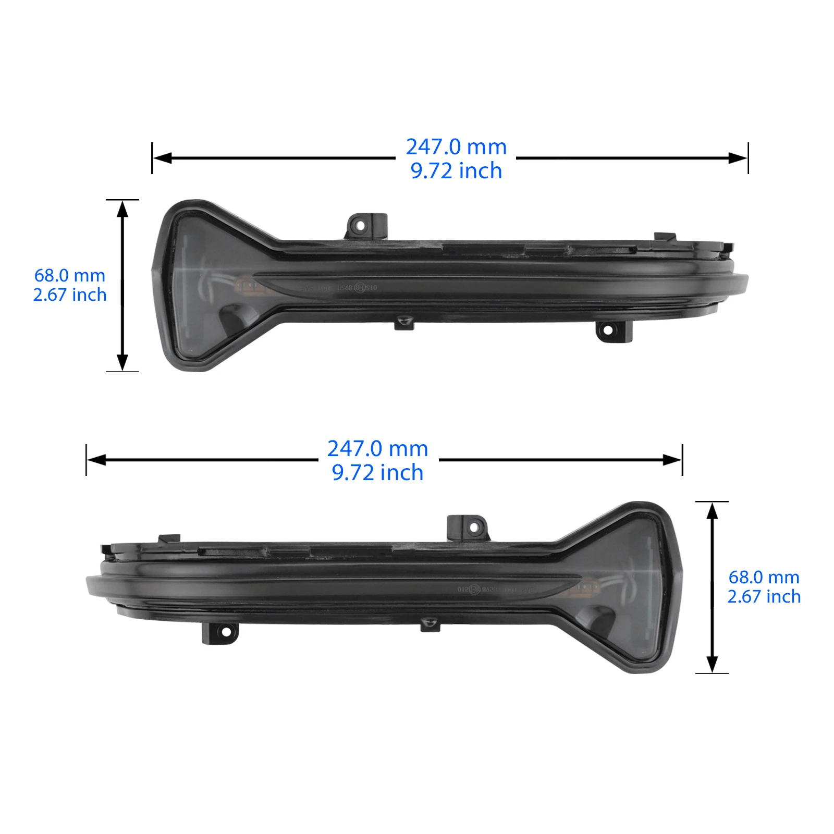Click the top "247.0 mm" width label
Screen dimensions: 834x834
pyautogui.click(x=456, y=147)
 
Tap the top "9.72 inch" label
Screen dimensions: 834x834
pyautogui.click(x=456, y=171)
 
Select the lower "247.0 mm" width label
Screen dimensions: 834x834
pyautogui.click(x=377, y=449)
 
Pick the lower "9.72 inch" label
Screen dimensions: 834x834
pyautogui.click(x=377, y=473)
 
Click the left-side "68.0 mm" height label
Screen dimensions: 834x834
pyautogui.click(x=70, y=275)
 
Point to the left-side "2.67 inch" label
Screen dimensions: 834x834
pyautogui.click(x=70, y=295)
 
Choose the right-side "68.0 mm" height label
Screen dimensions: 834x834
pyautogui.click(x=764, y=577)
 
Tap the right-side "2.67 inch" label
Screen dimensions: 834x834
pyautogui.click(x=764, y=597)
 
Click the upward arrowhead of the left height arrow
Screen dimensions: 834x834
pyautogui.click(x=122, y=208)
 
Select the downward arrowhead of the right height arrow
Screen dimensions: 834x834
pyautogui.click(x=712, y=664)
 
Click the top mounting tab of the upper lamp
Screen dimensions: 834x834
pyautogui.click(x=366, y=224)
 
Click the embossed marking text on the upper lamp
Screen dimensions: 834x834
pyautogui.click(x=339, y=288)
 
